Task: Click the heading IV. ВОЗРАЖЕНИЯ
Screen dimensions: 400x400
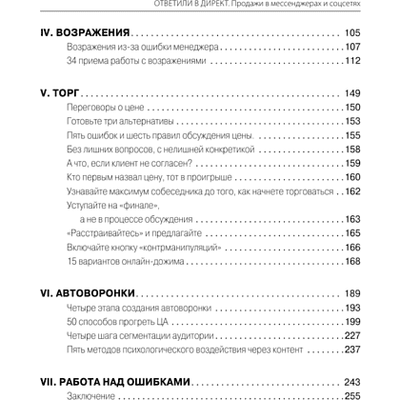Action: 85,31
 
